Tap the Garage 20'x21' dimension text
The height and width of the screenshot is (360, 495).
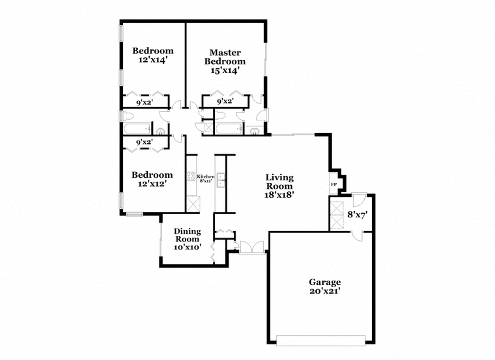tap(325, 290)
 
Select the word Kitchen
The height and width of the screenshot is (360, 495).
tap(206, 176)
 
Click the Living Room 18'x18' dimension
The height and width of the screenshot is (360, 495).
tap(279, 195)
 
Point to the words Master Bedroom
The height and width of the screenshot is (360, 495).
tap(225, 57)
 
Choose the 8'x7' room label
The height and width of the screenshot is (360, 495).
tap(358, 215)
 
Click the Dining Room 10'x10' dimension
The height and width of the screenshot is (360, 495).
tap(188, 247)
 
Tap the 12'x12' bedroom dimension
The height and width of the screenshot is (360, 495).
tap(152, 184)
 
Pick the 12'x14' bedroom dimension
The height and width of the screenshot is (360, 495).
tap(153, 59)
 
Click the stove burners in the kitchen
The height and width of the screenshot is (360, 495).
tap(191, 176)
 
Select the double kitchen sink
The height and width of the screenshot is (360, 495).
tap(220, 180)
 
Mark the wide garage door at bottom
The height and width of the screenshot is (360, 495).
tap(320, 340)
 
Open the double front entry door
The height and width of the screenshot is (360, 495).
tap(251, 247)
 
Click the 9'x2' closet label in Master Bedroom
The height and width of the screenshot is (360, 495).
tap(225, 102)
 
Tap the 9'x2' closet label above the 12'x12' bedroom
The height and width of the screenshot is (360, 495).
tap(145, 143)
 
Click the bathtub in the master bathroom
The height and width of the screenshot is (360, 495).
tap(229, 129)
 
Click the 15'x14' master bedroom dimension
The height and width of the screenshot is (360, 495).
tap(224, 70)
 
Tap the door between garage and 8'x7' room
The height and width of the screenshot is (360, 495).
tap(358, 236)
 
